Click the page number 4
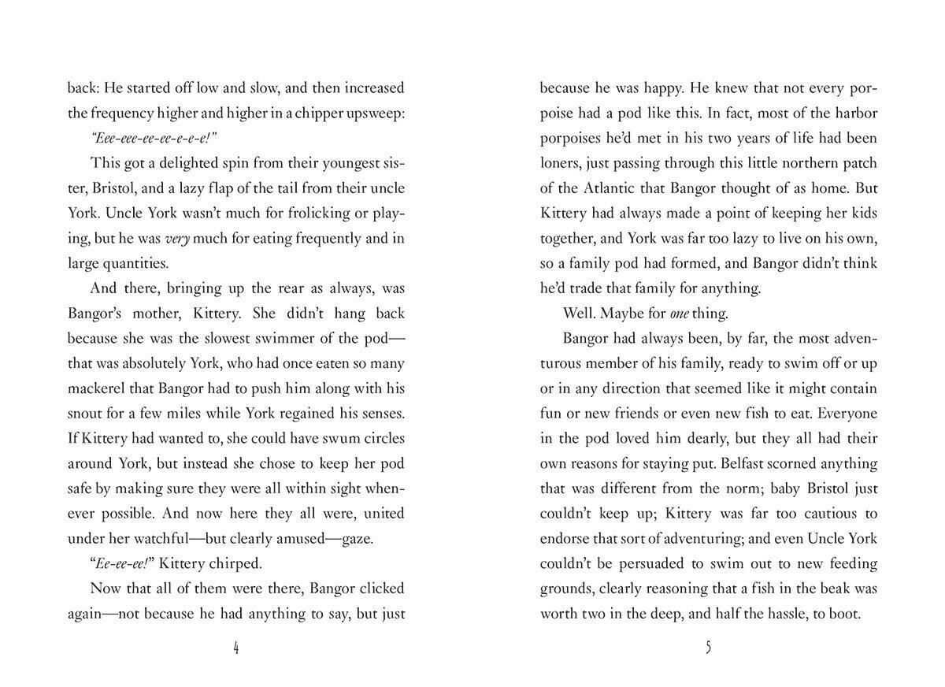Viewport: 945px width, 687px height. pos(236,648)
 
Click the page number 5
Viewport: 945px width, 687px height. pos(709,648)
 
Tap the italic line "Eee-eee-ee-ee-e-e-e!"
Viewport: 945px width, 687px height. pos(154,138)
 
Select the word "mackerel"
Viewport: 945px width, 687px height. pos(99,388)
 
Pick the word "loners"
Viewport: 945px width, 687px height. pos(562,163)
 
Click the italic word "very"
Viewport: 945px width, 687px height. pos(177,238)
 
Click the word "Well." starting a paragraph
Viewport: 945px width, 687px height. pos(580,314)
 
